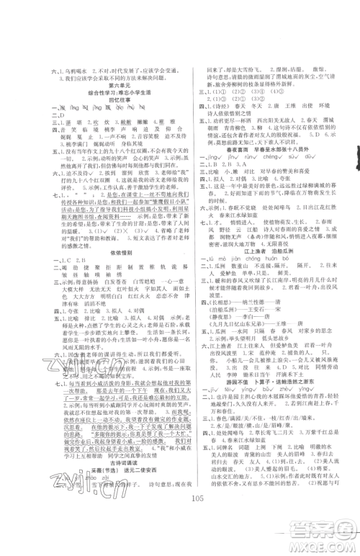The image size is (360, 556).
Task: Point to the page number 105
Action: pos(180,534)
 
